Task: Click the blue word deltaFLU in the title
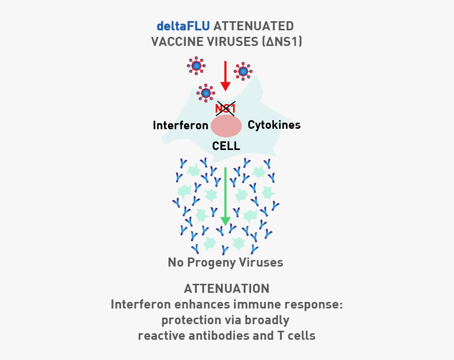click(183, 25)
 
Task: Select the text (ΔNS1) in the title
click(281, 41)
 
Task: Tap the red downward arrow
click(225, 76)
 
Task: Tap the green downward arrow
click(225, 197)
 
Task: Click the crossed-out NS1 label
click(225, 108)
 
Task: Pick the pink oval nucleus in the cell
click(226, 126)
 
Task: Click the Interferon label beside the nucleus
click(181, 125)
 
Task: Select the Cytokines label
click(274, 125)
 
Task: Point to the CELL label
click(226, 146)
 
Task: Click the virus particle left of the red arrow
click(196, 65)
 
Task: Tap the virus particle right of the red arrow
click(243, 72)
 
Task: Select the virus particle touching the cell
click(206, 93)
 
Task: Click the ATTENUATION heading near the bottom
click(226, 288)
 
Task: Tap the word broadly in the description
click(267, 320)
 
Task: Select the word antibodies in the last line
click(221, 336)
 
